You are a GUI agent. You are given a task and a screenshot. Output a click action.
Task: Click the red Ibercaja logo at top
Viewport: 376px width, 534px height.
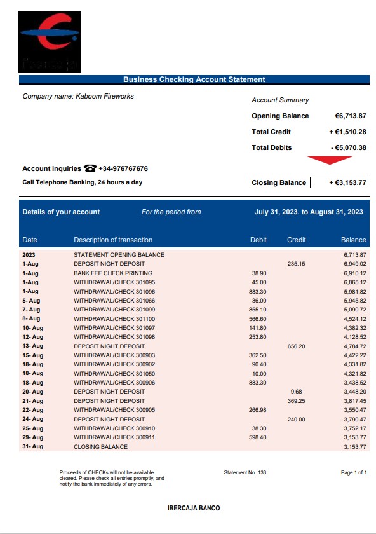50,41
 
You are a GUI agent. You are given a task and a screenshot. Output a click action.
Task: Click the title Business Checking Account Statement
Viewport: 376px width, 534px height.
194,79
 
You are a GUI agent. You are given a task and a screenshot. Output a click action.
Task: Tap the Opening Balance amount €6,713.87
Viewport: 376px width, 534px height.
351,116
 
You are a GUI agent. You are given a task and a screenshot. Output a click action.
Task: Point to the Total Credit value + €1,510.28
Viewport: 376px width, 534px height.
347,132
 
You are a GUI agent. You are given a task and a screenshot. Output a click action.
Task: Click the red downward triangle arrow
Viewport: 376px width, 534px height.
329,160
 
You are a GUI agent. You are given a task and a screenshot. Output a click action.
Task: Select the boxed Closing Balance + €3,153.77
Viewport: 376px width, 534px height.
339,183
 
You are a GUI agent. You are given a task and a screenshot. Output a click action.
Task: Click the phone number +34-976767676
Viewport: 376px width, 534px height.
123,169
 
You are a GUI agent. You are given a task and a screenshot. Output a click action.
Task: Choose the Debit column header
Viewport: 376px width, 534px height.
258,240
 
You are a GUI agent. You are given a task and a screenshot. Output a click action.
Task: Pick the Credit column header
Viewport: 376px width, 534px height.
296,240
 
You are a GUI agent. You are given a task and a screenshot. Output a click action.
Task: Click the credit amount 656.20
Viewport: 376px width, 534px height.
296,346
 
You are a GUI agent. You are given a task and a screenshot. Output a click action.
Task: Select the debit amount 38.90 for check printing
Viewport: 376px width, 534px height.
259,273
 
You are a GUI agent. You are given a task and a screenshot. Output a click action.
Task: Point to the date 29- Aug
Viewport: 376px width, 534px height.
32,437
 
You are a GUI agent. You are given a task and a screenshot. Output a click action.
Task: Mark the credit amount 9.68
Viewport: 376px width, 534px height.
296,392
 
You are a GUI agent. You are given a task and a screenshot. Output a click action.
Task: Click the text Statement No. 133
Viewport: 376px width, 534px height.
245,472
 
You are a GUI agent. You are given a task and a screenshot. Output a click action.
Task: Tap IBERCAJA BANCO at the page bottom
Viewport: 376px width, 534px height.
193,509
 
